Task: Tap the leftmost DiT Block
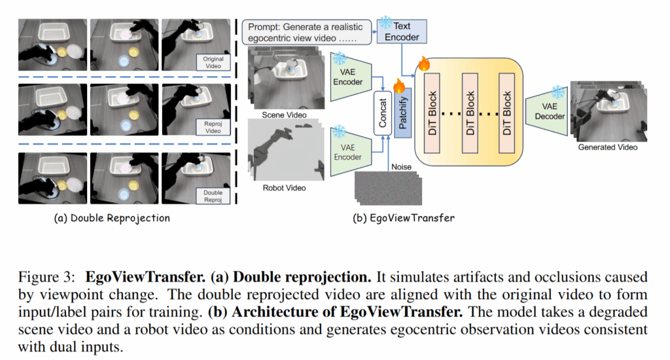432,111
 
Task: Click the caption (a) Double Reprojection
112,219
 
